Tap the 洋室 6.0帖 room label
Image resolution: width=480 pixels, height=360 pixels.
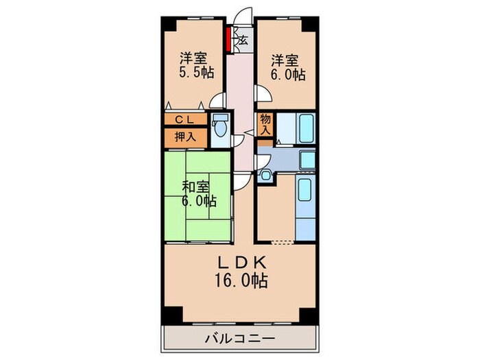pyautogui.click(x=287, y=68)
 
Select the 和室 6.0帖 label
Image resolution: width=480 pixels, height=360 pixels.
pyautogui.click(x=197, y=194)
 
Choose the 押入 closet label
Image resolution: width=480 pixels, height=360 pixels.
pyautogui.click(x=184, y=136)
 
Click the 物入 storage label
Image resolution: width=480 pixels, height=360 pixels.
pyautogui.click(x=265, y=124)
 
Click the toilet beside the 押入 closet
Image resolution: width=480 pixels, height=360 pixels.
pyautogui.click(x=219, y=128)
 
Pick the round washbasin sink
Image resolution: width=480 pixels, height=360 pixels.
pyautogui.click(x=267, y=176)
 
